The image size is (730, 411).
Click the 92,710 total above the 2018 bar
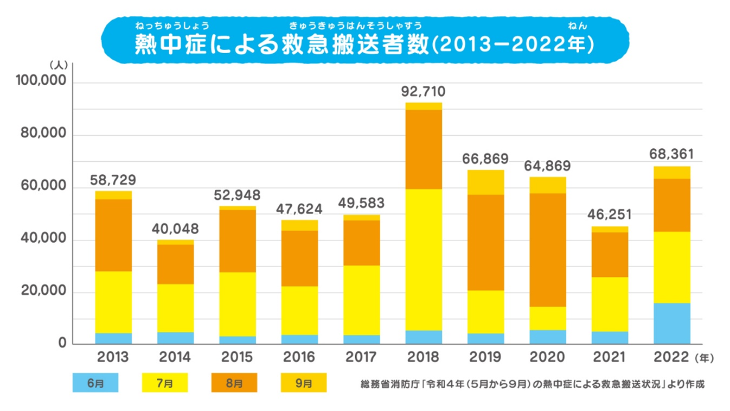point(423,91)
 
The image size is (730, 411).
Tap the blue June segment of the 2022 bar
point(671,324)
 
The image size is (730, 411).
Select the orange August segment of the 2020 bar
point(547,250)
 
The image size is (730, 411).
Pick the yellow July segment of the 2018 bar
point(423,260)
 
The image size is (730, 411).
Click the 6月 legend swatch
point(95,383)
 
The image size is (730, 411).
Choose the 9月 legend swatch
point(304,383)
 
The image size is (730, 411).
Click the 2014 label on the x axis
point(175,357)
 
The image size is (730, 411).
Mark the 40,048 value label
point(175,229)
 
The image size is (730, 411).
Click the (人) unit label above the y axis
point(57,64)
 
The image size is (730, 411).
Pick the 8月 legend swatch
point(234,383)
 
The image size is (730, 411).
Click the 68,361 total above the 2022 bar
point(671,155)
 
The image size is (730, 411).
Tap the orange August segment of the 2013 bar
point(113,235)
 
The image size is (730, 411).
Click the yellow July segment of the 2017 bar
point(361,300)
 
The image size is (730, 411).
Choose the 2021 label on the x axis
point(610,357)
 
